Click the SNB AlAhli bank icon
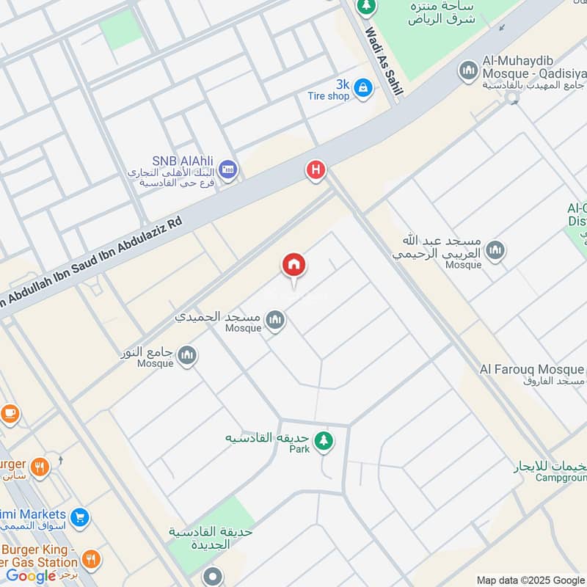click(228, 169)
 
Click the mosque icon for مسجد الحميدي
click(276, 319)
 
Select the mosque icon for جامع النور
click(188, 355)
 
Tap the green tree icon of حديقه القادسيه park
click(322, 441)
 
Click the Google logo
click(32, 576)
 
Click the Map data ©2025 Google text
click(531, 580)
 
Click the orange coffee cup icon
click(10, 414)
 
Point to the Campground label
click(562, 478)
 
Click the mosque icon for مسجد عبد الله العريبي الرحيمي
click(497, 250)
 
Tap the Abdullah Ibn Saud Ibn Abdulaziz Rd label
click(95, 257)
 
